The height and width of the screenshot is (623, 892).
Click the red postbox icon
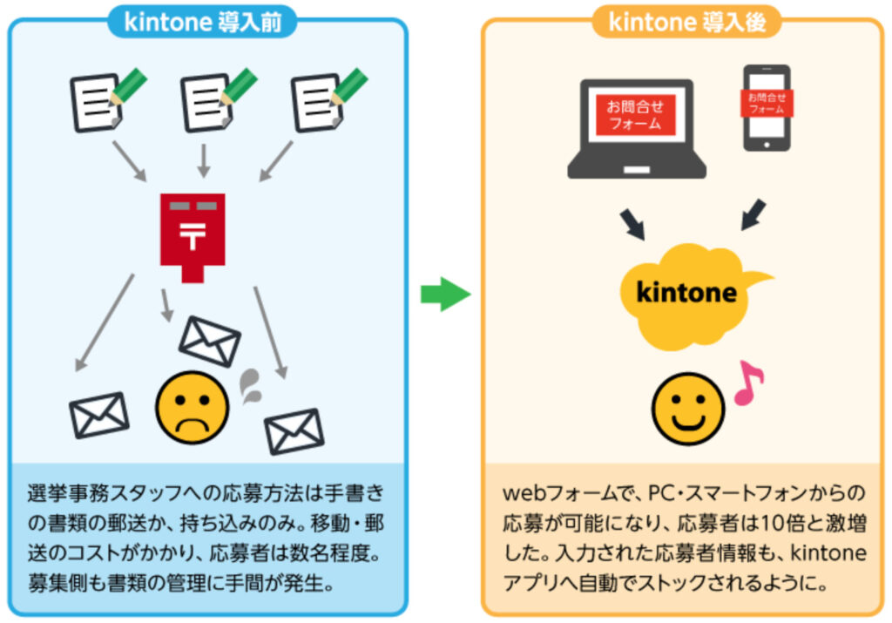[193, 233]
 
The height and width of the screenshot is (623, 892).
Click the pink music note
[748, 384]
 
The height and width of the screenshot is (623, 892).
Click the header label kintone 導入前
[202, 22]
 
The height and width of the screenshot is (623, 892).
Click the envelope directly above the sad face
[209, 340]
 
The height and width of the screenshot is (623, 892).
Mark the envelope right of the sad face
[294, 430]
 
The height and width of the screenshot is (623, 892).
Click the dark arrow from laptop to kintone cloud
[634, 222]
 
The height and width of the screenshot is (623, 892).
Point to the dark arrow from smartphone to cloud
[753, 214]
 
